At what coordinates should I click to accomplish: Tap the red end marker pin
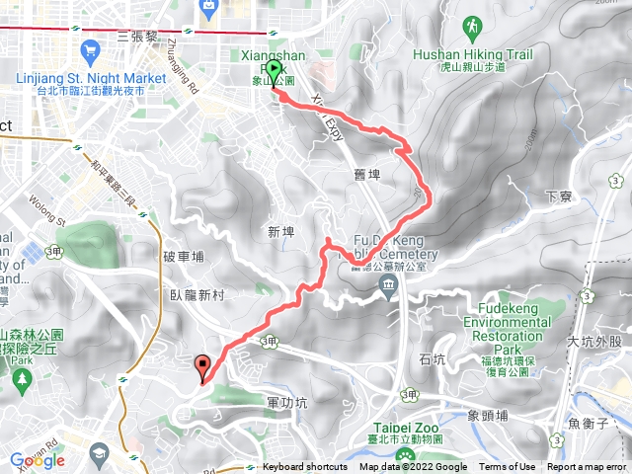pos(203,366)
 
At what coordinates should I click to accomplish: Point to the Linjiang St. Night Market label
pos(90,77)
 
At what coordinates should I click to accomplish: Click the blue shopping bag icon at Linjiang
pos(90,49)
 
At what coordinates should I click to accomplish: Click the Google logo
pos(38,460)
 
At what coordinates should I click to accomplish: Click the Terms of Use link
pos(508,467)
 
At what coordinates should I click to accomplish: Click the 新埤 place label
pos(281,231)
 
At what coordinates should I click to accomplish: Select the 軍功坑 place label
pos(287,403)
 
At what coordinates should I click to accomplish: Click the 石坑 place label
pos(433,359)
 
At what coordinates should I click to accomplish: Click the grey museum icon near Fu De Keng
pos(386,286)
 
